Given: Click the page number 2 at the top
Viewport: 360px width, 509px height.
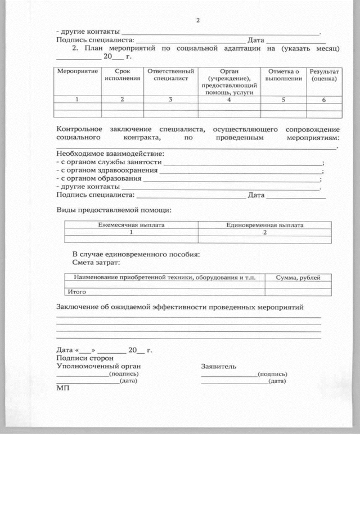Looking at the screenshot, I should click(x=197, y=21).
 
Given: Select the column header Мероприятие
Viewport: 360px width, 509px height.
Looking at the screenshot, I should click(x=78, y=72).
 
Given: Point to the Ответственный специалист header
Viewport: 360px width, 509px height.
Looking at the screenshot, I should click(x=170, y=75).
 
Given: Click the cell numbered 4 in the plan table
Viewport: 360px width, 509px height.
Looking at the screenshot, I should click(x=229, y=100).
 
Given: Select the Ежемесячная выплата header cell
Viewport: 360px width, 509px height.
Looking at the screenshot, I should click(x=132, y=225).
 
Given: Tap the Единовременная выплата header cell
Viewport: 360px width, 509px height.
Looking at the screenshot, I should click(x=264, y=225).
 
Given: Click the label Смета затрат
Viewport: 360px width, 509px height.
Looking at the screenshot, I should click(x=96, y=262).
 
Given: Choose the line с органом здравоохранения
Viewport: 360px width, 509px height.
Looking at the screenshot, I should click(x=107, y=170).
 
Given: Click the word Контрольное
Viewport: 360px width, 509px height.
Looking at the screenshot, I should click(x=79, y=129).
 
